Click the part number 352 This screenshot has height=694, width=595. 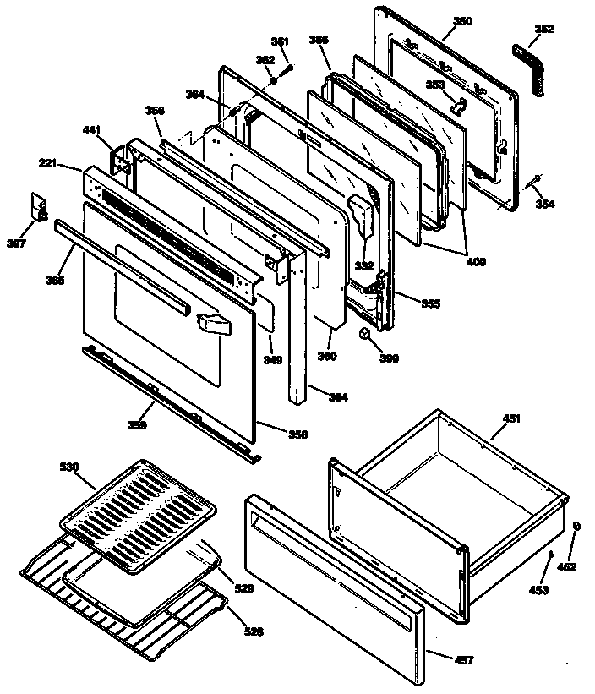(544, 29)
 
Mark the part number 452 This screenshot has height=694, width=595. (566, 567)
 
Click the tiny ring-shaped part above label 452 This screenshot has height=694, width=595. (576, 526)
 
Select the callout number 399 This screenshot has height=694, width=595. (390, 358)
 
